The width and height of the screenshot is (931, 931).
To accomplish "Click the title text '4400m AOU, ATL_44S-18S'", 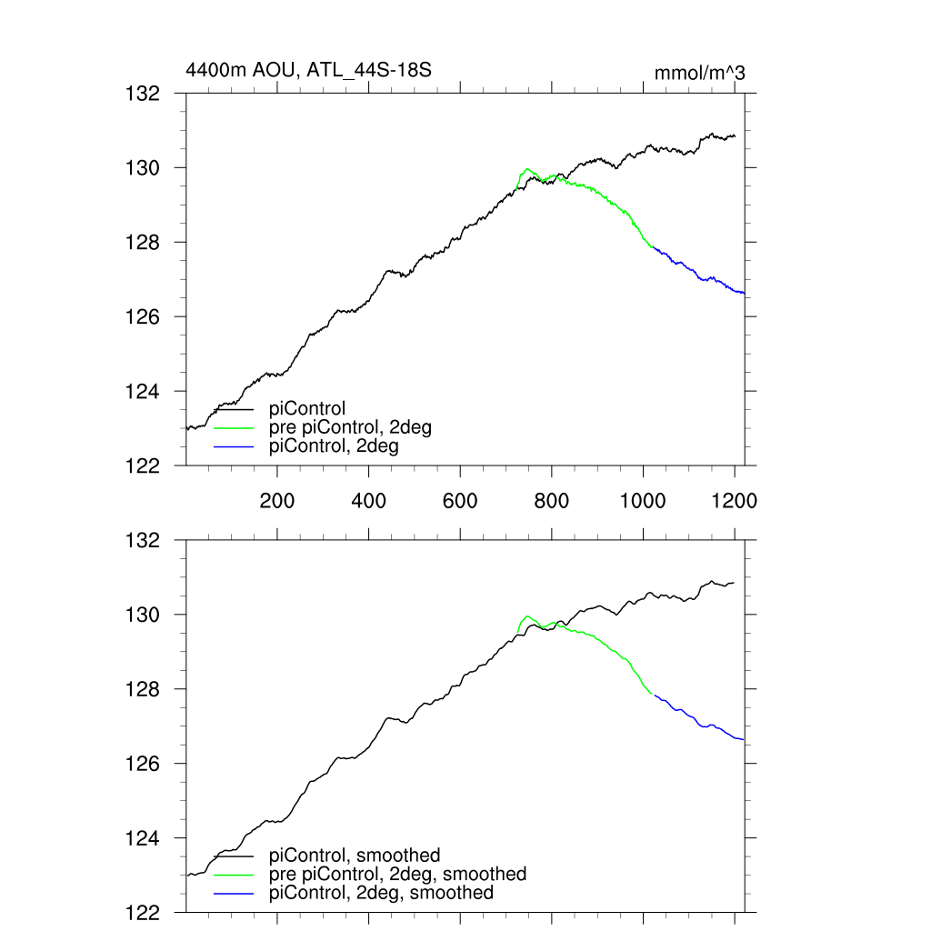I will [308, 71].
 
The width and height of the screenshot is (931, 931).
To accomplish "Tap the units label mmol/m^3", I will [699, 73].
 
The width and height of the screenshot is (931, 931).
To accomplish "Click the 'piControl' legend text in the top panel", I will [307, 409].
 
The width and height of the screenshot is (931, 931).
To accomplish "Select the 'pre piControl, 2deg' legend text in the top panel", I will [350, 427].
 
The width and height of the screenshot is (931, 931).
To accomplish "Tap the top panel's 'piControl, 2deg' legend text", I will [335, 446].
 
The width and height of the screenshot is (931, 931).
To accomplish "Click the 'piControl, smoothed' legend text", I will [355, 856].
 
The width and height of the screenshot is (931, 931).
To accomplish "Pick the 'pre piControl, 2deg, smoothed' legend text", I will [398, 874].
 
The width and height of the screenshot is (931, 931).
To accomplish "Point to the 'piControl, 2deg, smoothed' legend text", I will [382, 893].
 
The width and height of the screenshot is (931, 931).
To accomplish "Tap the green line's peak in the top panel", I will [527, 169].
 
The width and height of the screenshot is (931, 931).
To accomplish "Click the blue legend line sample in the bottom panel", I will [234, 894].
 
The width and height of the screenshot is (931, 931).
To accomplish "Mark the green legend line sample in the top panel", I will [234, 428].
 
